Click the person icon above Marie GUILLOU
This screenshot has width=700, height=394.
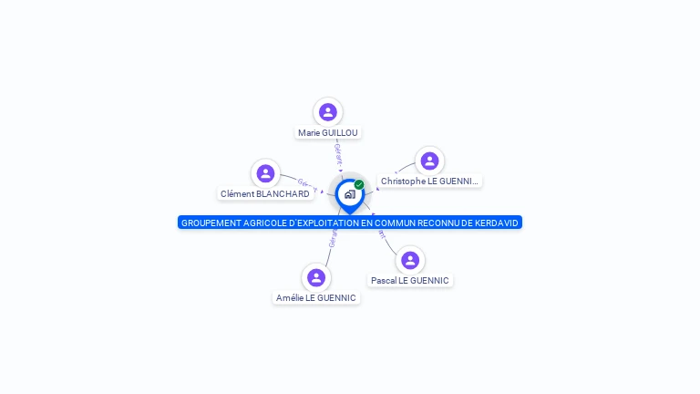click(328, 112)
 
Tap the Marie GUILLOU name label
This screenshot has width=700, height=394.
click(328, 132)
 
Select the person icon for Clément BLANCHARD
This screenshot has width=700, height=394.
click(265, 173)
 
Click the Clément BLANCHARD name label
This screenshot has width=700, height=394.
click(264, 193)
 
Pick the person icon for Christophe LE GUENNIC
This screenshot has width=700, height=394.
click(429, 161)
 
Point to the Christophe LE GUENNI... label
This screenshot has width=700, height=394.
click(429, 181)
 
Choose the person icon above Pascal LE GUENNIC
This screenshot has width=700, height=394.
click(410, 260)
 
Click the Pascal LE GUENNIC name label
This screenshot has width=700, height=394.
click(409, 280)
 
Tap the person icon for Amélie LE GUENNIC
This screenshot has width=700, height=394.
click(316, 277)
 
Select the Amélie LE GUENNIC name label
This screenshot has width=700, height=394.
click(316, 297)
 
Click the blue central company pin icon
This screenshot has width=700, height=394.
click(349, 194)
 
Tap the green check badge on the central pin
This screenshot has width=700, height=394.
click(359, 184)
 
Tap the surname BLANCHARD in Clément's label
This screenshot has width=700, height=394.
click(283, 193)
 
